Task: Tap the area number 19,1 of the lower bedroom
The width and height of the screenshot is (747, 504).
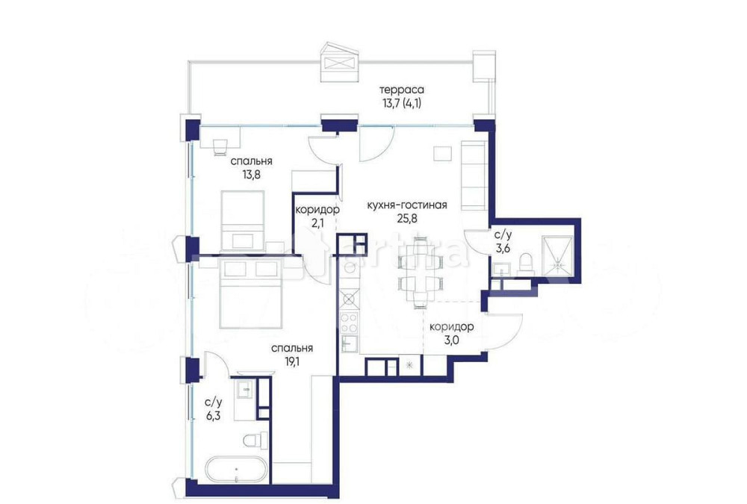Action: [291, 362]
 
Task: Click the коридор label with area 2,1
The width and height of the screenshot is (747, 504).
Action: [317, 211]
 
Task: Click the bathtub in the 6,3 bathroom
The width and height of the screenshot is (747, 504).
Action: [236, 471]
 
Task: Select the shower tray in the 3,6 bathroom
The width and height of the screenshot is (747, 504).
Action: [555, 255]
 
